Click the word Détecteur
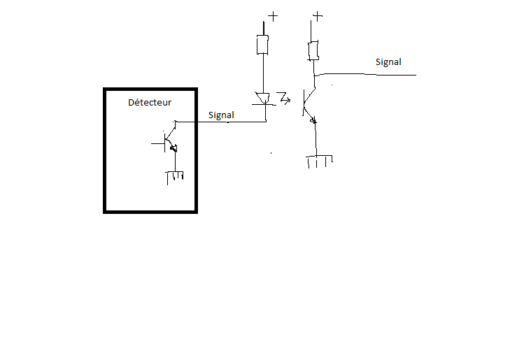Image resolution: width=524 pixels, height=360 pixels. pos(150,103)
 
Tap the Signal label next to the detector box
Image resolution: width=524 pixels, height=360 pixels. pos(221,115)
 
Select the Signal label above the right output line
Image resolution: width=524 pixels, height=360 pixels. pos(388,62)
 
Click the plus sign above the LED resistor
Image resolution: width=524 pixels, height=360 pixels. pos(271,15)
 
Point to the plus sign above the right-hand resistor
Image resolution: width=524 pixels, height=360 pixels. pos(318,15)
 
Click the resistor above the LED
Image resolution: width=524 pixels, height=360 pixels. pos(263,45)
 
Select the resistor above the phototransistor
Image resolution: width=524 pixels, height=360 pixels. pos(314,50)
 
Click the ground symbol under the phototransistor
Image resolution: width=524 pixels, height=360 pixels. pos(320,161)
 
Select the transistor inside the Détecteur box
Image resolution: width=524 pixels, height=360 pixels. pos(169,139)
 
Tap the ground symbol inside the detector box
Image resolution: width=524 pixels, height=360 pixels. pos(174,176)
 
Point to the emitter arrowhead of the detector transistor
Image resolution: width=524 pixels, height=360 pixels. pos(174,147)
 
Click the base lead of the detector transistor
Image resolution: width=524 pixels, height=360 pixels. pos(157,144)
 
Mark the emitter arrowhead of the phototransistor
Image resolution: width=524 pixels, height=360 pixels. pos(313,120)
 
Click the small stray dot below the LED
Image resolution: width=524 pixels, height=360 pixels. pos(271,152)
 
